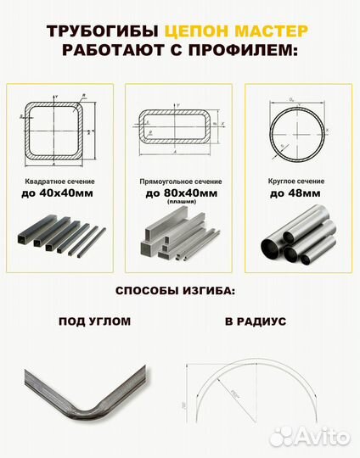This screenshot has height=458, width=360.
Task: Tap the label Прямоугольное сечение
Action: (180, 182)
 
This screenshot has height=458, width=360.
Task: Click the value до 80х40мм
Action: (180, 193)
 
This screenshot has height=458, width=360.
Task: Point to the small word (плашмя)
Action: (180, 203)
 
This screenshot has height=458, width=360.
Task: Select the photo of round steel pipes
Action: (298, 240)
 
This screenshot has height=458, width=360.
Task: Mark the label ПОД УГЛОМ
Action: (94, 322)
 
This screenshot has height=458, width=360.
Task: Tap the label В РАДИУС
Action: (256, 322)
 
